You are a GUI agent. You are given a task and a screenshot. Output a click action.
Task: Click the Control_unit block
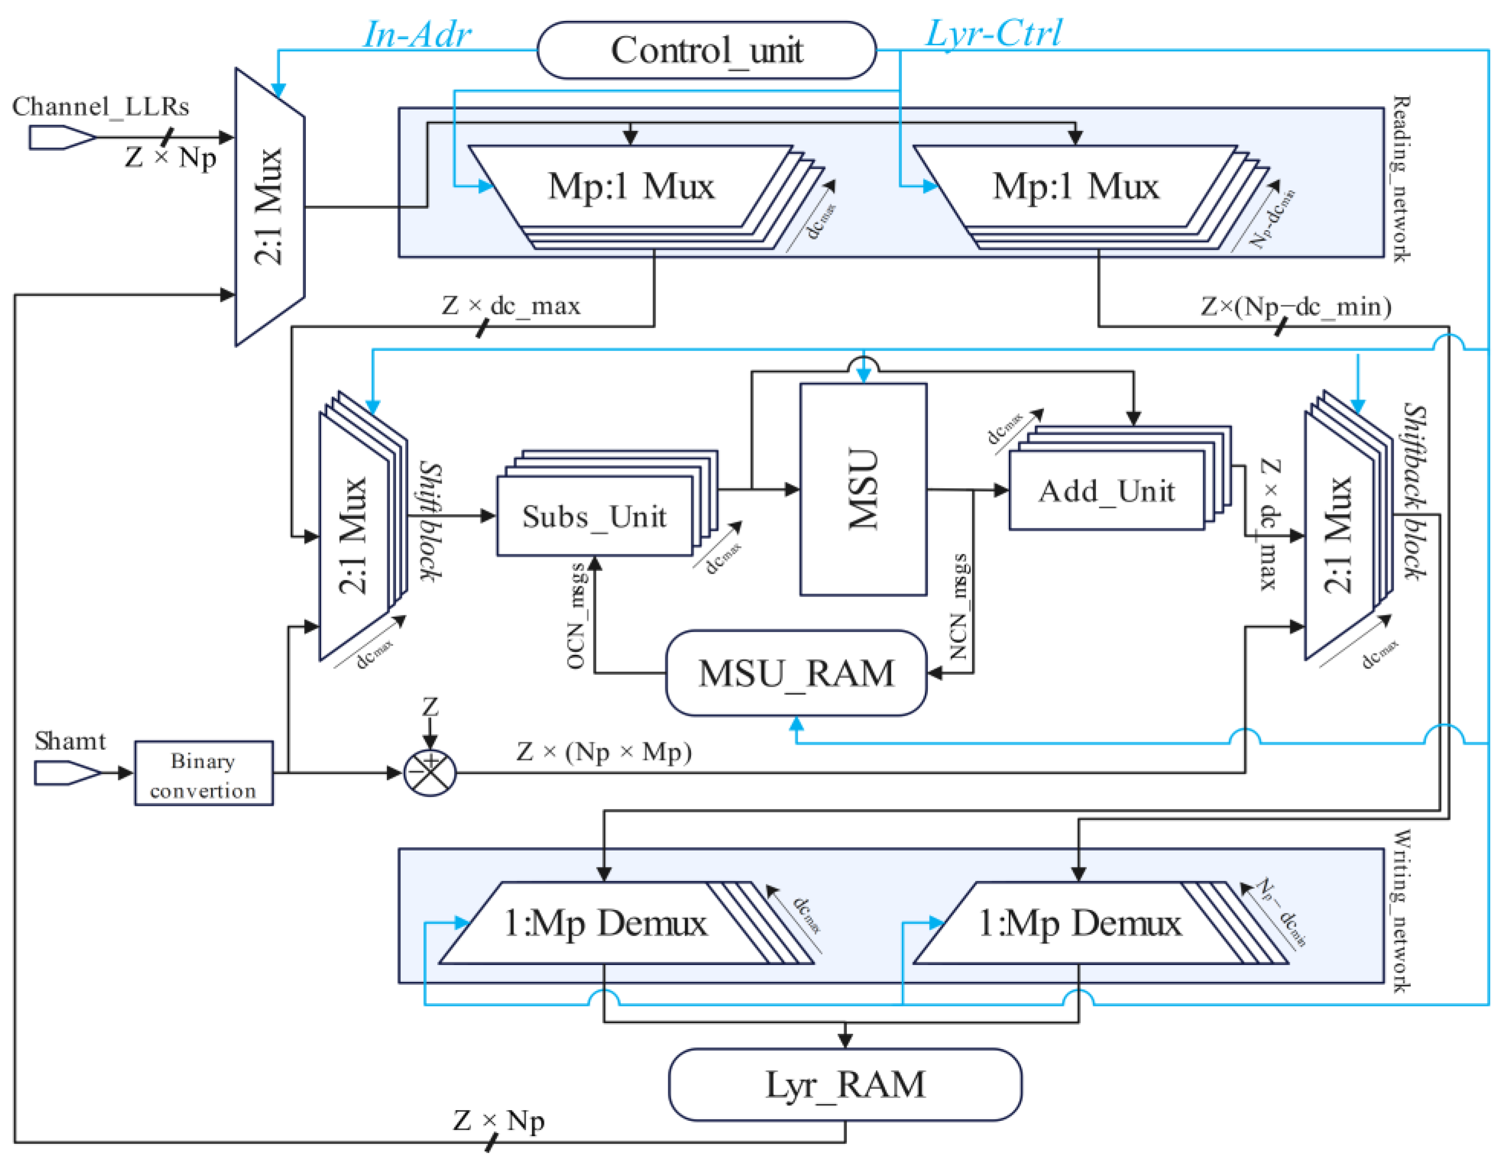[x=706, y=50]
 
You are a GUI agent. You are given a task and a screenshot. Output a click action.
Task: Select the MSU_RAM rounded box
[x=796, y=673]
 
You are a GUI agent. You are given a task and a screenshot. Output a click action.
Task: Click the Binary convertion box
[x=204, y=774]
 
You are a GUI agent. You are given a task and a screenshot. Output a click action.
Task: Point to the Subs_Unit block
[x=594, y=517]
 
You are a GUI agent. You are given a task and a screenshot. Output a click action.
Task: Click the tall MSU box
[x=863, y=489]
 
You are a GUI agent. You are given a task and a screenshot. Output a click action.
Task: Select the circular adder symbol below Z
[x=430, y=773]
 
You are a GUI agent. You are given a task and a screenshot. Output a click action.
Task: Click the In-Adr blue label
[x=417, y=35]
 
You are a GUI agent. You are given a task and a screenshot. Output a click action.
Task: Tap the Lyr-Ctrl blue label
[x=993, y=33]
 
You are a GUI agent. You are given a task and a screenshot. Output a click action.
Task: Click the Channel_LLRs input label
[x=100, y=106]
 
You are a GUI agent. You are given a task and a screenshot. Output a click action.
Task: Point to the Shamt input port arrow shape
[x=67, y=773]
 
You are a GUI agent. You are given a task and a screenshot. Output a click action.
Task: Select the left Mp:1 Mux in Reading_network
[x=631, y=186]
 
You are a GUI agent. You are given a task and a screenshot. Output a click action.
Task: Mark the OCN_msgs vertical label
[x=576, y=615]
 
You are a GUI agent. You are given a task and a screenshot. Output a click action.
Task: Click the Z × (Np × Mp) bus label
[x=604, y=752]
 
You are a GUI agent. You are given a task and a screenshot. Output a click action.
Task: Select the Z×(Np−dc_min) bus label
[x=1296, y=306]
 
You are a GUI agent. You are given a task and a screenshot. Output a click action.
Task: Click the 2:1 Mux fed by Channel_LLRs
[x=269, y=206]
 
